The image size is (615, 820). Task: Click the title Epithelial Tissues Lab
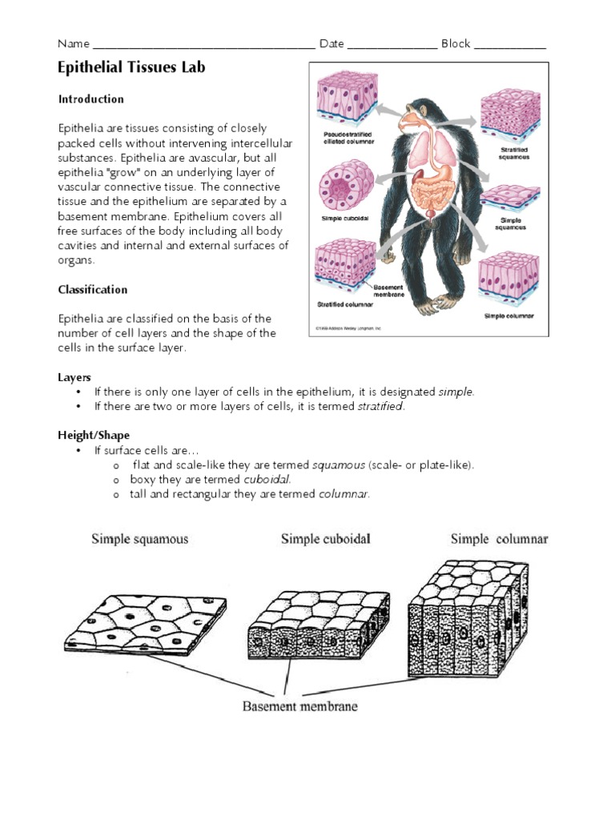[x=131, y=68]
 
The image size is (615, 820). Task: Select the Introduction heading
[x=90, y=99]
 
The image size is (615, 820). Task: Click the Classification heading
[x=92, y=290]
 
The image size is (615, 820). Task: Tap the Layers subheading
[x=74, y=377]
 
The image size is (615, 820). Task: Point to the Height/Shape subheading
[x=93, y=436]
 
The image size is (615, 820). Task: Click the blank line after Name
[x=204, y=46]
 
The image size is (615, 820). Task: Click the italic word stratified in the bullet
[x=381, y=407]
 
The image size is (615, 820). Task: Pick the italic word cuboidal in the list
[x=266, y=480]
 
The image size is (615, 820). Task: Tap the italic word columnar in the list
[x=344, y=495]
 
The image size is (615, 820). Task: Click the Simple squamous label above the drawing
[x=140, y=539]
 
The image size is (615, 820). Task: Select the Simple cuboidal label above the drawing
[x=325, y=539]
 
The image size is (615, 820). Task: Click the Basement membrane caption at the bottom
[x=299, y=706]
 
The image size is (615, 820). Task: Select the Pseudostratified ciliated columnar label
[x=349, y=137]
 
